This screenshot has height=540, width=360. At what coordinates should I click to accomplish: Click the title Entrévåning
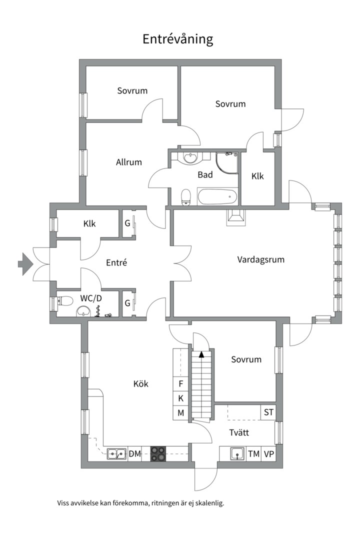point(178,39)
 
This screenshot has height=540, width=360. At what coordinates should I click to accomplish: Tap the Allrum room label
point(129,162)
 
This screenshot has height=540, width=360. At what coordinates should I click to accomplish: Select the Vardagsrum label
point(261,259)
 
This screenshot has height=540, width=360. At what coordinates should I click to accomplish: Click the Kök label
point(141,383)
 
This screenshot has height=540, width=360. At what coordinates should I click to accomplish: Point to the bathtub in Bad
point(217,197)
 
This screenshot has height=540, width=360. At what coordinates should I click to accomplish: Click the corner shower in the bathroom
point(227,162)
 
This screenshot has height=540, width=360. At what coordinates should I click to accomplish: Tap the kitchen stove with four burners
point(158,453)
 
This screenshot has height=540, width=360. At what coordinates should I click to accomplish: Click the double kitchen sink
point(116,454)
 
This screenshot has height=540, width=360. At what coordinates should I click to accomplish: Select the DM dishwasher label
point(134,454)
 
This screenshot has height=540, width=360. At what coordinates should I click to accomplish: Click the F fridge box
point(181,384)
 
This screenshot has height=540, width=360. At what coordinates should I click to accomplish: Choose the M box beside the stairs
point(181,412)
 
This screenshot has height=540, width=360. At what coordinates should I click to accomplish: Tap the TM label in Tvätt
point(254,454)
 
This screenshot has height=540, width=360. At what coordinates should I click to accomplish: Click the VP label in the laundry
point(268,454)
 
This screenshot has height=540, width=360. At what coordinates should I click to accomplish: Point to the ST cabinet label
point(268,412)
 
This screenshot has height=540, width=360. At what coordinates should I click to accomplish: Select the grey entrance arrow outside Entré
point(25,264)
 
